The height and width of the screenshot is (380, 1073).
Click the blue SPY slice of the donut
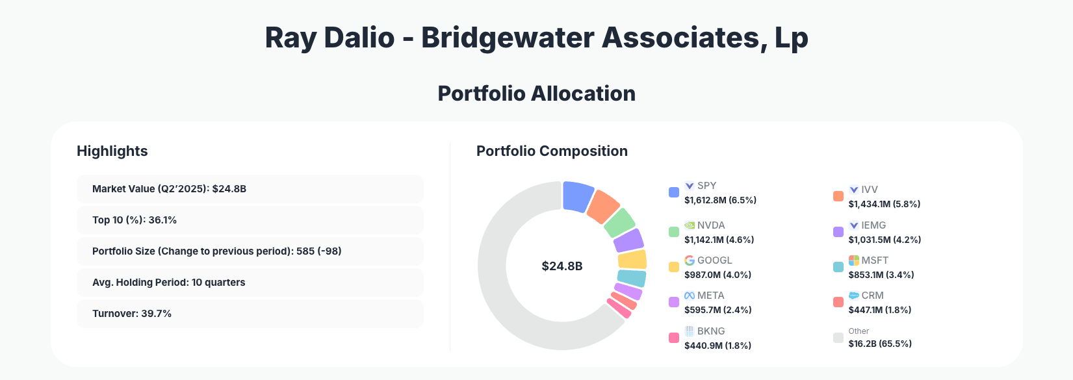click(x=577, y=196)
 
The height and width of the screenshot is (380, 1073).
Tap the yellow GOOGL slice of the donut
click(x=632, y=260)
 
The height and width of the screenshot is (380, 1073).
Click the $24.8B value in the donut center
click(x=562, y=266)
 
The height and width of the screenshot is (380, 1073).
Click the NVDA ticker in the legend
click(x=710, y=225)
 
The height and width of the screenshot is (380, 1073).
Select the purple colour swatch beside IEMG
click(x=838, y=232)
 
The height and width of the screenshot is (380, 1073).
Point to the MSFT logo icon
click(x=853, y=260)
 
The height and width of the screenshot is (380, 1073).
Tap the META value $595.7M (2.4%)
click(x=717, y=310)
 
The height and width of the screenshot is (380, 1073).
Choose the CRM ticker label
click(x=872, y=296)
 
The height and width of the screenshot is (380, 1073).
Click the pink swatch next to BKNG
click(x=674, y=338)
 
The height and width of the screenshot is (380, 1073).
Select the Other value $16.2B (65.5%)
click(x=879, y=344)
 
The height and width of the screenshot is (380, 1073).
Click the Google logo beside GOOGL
click(x=690, y=260)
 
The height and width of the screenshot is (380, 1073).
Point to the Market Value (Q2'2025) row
click(x=250, y=189)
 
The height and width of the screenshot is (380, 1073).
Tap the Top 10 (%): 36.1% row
click(x=250, y=220)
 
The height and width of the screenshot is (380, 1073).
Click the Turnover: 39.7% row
click(x=250, y=314)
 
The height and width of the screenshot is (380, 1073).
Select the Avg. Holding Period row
click(x=250, y=283)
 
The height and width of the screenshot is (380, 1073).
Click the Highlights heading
click(x=112, y=151)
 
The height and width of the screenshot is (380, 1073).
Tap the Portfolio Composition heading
click(x=552, y=151)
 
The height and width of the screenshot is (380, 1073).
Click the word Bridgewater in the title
click(x=507, y=38)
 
